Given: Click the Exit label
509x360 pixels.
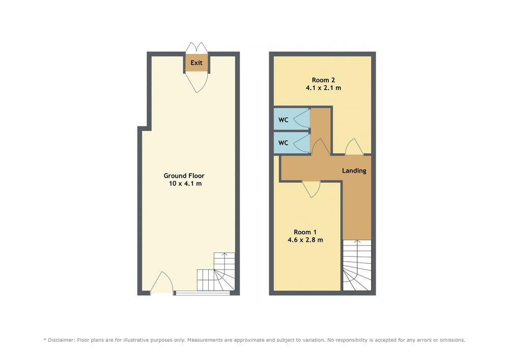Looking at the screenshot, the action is click(x=196, y=63).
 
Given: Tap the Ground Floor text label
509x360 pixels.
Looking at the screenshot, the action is click(x=184, y=176).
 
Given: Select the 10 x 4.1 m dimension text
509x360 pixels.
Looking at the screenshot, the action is click(x=185, y=183).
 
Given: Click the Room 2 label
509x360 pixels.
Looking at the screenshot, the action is click(x=323, y=80).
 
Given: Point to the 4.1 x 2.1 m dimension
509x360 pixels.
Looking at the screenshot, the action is click(x=323, y=88).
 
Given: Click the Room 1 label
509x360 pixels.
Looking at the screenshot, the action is click(x=305, y=232).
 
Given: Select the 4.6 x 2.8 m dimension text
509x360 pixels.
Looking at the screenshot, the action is click(x=305, y=240).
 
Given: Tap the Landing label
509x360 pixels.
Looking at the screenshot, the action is click(x=354, y=171).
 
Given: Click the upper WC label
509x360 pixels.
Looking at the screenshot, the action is click(x=284, y=120).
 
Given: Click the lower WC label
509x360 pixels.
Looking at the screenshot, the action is click(x=284, y=143).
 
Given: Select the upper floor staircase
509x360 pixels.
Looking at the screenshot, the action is click(x=357, y=265).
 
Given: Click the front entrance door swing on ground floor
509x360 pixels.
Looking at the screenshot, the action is click(x=162, y=282).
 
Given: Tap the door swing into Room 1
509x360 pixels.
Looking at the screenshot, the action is click(x=312, y=188).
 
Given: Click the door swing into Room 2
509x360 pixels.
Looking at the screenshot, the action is click(x=354, y=146).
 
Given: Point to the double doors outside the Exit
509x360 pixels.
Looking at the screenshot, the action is click(x=196, y=47).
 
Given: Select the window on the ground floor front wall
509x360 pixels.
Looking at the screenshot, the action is click(x=202, y=293).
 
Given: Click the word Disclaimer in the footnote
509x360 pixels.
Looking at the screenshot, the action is click(x=61, y=340).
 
